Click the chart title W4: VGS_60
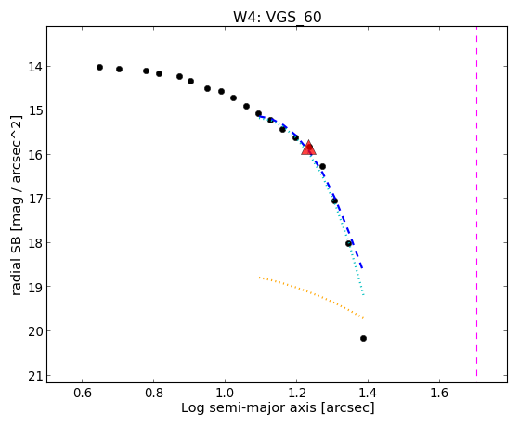(x=278, y=17)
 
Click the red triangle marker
(x=308, y=148)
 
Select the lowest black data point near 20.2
(x=363, y=338)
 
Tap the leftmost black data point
(x=99, y=67)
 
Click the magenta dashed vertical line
(x=476, y=201)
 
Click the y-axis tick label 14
(x=35, y=67)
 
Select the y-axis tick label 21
(x=35, y=376)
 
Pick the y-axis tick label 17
(x=35, y=199)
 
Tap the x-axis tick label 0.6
(x=82, y=393)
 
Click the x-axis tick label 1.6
(x=439, y=393)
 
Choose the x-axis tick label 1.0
(x=225, y=393)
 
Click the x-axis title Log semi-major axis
(x=249, y=407)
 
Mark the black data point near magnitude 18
(x=348, y=243)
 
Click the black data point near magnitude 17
(x=334, y=200)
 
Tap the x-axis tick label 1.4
(x=368, y=393)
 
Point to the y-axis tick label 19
(x=35, y=287)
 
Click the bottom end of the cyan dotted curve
(x=364, y=295)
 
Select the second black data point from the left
(x=119, y=69)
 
